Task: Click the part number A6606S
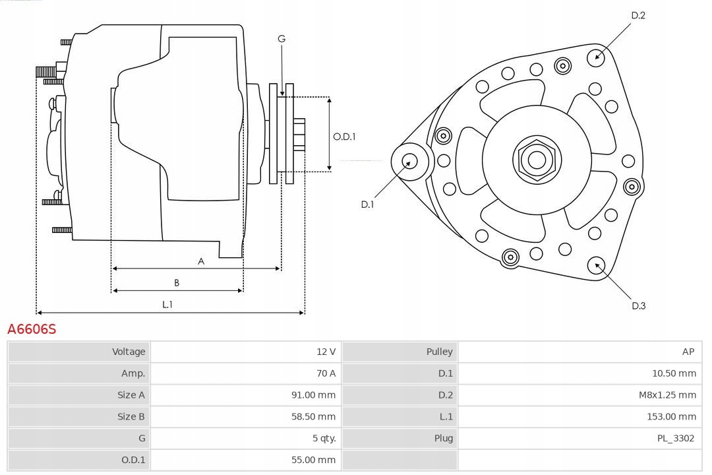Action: click(32, 329)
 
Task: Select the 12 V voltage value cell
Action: click(326, 352)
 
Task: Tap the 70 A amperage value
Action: click(326, 373)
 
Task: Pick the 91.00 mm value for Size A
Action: click(313, 395)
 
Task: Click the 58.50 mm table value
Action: click(313, 417)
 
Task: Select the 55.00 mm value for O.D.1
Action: click(313, 460)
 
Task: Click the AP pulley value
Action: click(688, 352)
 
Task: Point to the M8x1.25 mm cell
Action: click(666, 395)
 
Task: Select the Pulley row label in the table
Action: click(439, 352)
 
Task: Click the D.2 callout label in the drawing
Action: click(638, 15)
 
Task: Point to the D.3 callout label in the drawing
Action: click(638, 305)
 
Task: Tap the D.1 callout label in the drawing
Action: click(367, 205)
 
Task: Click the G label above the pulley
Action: click(282, 39)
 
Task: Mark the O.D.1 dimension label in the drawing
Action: click(344, 137)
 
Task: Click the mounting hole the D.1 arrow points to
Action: click(410, 160)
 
